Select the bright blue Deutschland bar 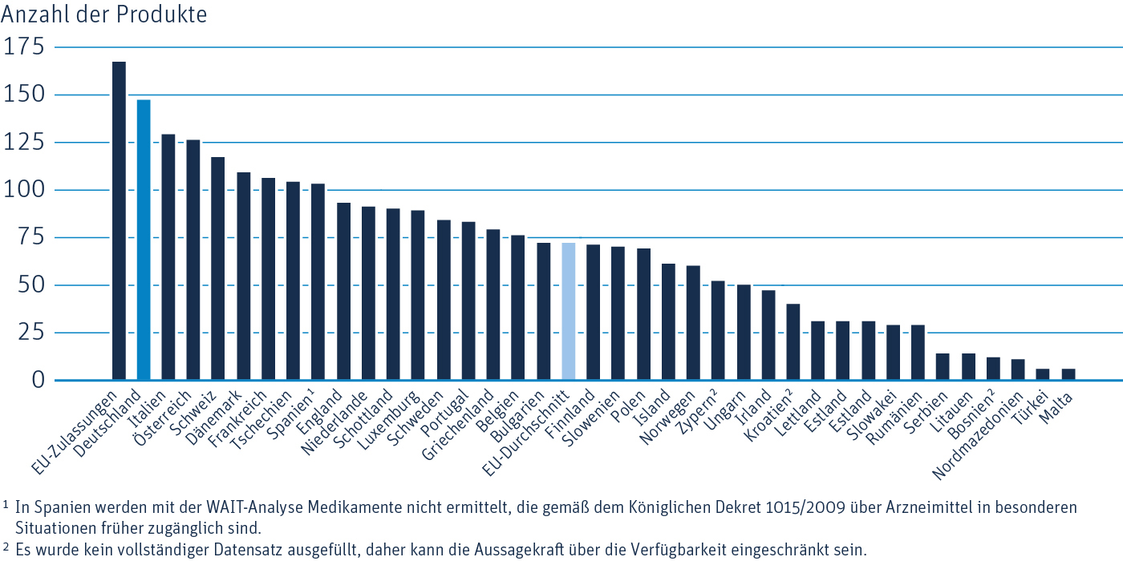coord(144,240)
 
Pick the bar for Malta coord(1068,374)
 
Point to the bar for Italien coord(168,256)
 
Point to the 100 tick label coord(25,191)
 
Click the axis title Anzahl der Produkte coord(103,14)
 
